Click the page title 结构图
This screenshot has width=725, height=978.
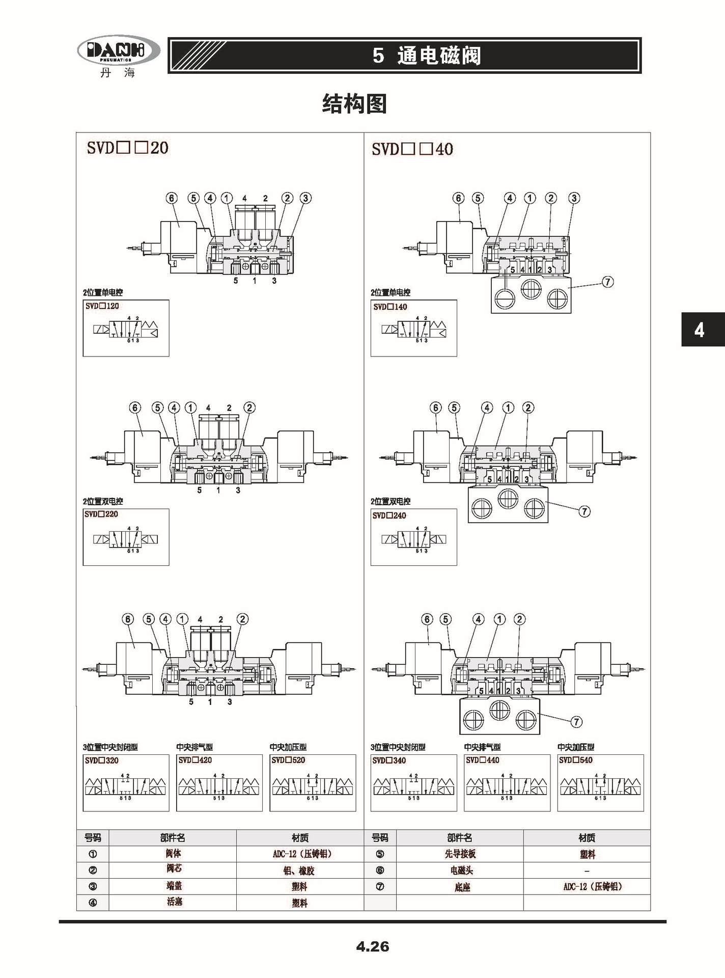click(x=354, y=104)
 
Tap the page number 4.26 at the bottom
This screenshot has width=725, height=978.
click(x=372, y=946)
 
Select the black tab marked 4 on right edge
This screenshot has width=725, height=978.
click(x=700, y=331)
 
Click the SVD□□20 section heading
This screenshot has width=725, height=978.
click(x=127, y=148)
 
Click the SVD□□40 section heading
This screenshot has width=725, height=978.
click(x=412, y=149)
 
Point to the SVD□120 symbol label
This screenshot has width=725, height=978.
click(x=102, y=306)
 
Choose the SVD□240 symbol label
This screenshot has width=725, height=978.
click(x=389, y=515)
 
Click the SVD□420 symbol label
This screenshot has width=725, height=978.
click(x=195, y=760)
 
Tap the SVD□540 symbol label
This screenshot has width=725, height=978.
click(x=576, y=760)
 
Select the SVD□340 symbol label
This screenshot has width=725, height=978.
click(x=389, y=760)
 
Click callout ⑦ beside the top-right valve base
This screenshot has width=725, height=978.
click(x=607, y=282)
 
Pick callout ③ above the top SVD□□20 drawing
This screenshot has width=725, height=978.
click(x=305, y=198)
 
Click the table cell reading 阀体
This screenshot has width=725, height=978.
click(x=173, y=854)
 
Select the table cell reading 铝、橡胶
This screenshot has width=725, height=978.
click(x=299, y=871)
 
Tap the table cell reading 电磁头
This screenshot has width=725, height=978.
click(x=460, y=871)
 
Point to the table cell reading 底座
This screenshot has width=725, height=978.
click(x=462, y=887)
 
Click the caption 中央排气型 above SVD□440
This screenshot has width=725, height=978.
click(x=482, y=747)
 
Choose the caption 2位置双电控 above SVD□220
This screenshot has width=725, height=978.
click(x=103, y=501)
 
